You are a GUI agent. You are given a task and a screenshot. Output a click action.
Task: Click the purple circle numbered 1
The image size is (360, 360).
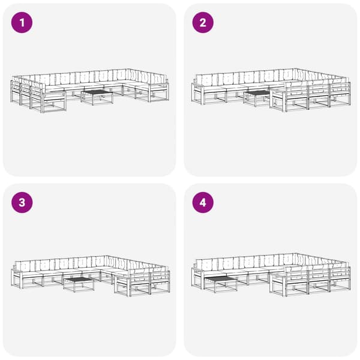(22, 23)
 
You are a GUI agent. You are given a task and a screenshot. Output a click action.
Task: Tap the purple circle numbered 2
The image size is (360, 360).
(203, 23)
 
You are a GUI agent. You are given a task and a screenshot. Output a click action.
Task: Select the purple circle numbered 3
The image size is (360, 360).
(22, 203)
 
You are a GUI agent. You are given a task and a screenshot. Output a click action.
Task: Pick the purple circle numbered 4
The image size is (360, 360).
(203, 203)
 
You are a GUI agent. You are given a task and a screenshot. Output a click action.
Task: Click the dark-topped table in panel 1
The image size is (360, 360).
(97, 97)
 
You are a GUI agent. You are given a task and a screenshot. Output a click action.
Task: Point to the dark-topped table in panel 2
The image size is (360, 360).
(257, 98)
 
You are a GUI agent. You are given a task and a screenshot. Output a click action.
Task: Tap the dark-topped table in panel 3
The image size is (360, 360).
(79, 284)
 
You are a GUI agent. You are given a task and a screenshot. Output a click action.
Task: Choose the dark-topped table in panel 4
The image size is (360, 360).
(220, 284)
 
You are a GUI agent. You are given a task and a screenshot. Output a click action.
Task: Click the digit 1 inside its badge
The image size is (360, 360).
(22, 23)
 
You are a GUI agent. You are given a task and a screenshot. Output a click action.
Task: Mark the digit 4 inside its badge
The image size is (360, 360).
(203, 203)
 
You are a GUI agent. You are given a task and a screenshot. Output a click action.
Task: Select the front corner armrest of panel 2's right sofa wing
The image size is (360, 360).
(278, 100)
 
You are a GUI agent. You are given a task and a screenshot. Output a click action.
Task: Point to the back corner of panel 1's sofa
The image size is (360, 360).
(128, 70)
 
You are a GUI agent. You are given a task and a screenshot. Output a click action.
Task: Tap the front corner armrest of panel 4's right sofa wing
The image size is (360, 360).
(278, 284)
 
